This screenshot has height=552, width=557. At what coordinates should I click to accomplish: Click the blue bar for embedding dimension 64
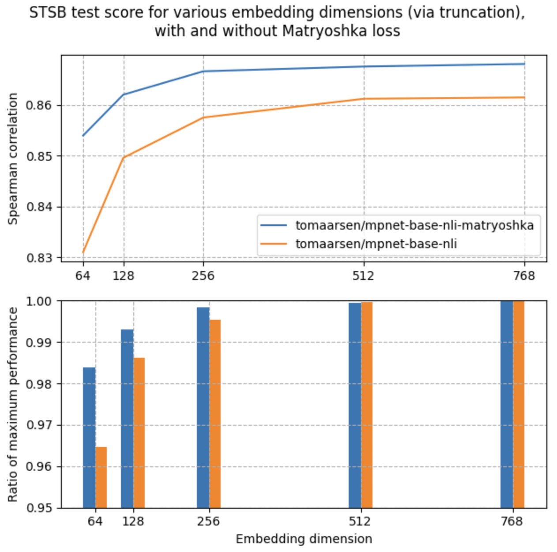(x=89, y=437)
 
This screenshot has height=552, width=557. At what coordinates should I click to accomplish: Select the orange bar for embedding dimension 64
(x=101, y=477)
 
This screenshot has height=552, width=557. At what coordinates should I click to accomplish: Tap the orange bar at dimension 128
(x=139, y=433)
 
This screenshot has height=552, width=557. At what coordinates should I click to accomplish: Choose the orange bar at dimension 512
(x=367, y=405)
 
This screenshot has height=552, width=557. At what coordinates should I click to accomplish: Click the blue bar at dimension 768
(x=506, y=404)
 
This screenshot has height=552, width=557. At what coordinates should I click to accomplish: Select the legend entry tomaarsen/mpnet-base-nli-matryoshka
(x=414, y=225)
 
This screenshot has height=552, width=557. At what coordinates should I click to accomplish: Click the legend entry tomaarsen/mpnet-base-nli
(x=376, y=244)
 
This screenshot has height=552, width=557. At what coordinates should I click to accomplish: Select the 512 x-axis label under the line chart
(x=363, y=276)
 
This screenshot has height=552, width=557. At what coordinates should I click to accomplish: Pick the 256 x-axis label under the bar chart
(x=208, y=522)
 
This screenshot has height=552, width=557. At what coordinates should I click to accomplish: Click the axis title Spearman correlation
(x=13, y=159)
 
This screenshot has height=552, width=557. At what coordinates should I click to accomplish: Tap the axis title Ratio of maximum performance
(x=13, y=405)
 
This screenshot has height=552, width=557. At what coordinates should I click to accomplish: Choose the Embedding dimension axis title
(x=304, y=539)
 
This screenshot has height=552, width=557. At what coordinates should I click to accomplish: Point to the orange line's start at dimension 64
(x=83, y=252)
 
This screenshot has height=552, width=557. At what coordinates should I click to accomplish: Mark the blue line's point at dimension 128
(x=124, y=95)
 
